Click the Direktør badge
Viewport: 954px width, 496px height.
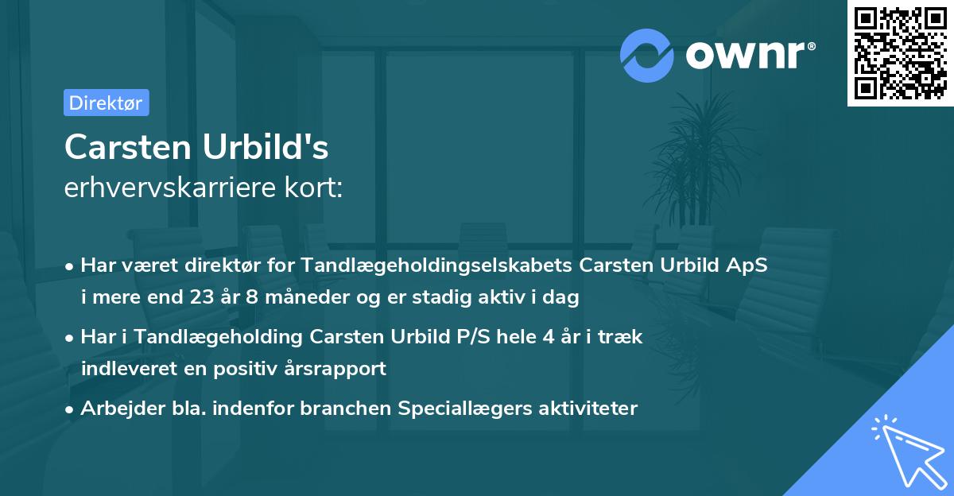(106, 103)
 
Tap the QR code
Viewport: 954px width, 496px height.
(900, 53)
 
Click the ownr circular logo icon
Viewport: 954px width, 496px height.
(647, 55)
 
